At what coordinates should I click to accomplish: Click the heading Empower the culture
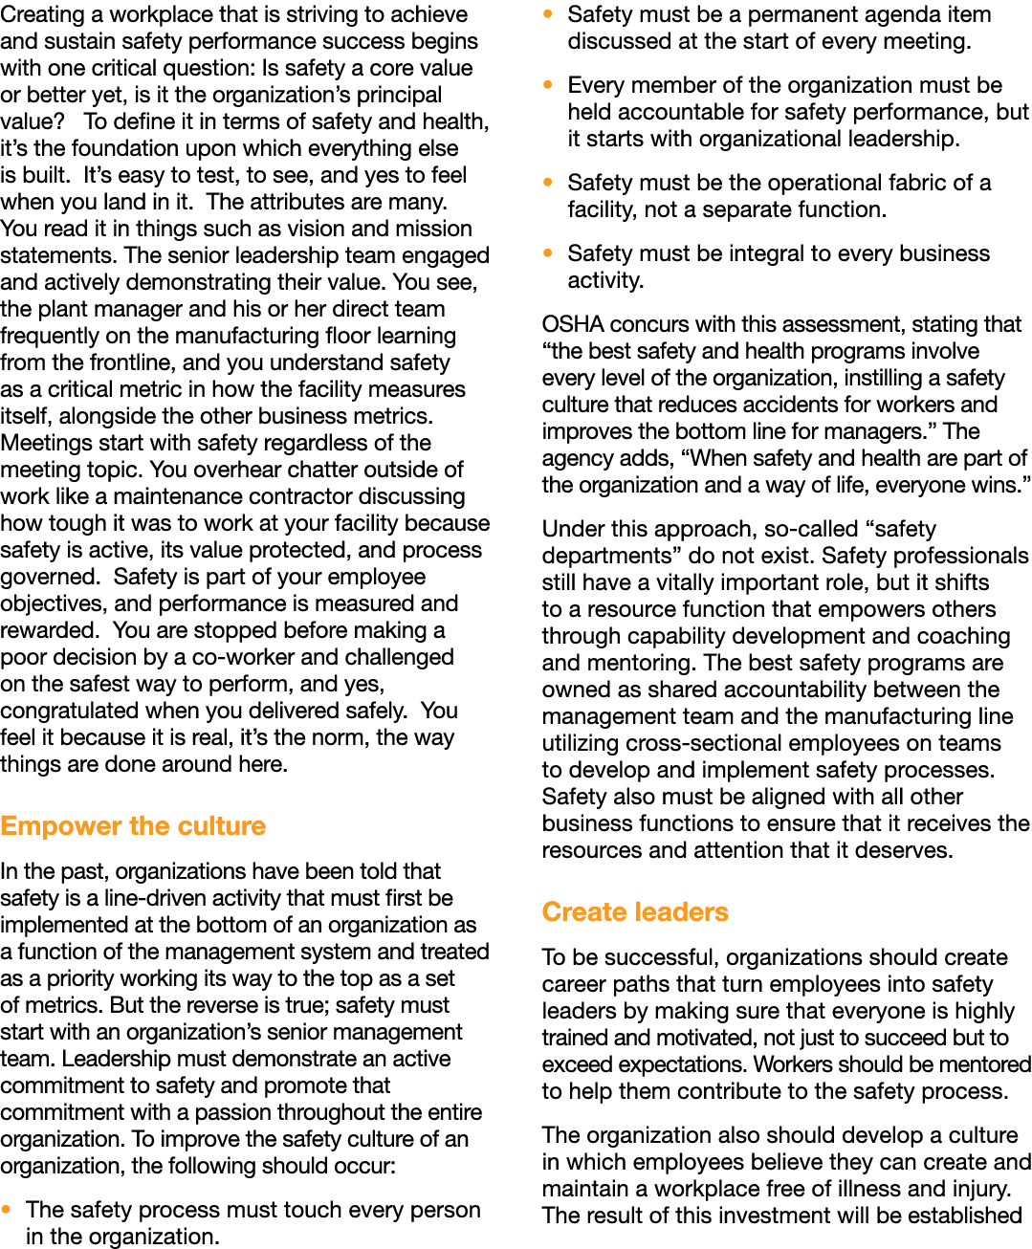[x=133, y=826]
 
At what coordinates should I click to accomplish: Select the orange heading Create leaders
[x=635, y=912]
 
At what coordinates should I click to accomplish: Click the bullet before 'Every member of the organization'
[x=547, y=85]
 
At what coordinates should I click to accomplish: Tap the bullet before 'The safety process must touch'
[x=6, y=1210]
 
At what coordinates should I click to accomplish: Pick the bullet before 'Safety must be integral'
[x=547, y=253]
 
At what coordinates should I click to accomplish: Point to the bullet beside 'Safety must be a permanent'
[x=547, y=14]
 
